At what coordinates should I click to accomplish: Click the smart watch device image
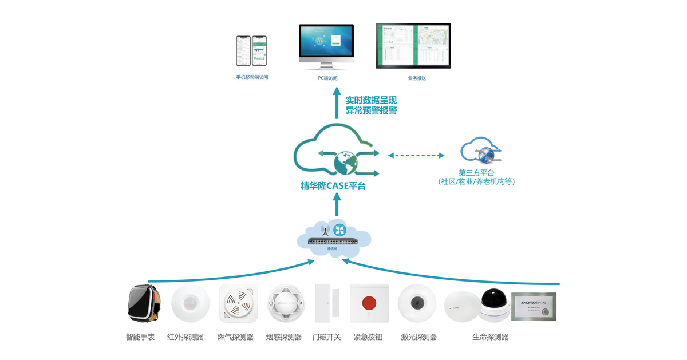[x=143, y=304]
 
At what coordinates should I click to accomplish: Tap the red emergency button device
[x=369, y=303]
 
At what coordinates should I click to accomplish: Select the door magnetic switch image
[x=327, y=303]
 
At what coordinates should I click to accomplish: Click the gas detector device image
[x=238, y=304]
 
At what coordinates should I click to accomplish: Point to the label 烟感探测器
[x=283, y=337]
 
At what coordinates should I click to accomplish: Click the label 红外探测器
[x=185, y=337]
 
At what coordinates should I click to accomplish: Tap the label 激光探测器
[x=418, y=337]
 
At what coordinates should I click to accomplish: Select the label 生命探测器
[x=490, y=337]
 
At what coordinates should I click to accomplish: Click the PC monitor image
[x=326, y=47]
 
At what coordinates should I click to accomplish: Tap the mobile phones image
[x=251, y=51]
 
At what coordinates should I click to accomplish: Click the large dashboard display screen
[x=413, y=46]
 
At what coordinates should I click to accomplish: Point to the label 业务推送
[x=417, y=78]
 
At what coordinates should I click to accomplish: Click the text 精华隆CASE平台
[x=333, y=186]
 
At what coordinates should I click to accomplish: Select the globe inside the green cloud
[x=345, y=162]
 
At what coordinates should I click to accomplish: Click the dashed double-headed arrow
[x=416, y=155]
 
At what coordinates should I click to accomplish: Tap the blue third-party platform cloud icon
[x=481, y=151]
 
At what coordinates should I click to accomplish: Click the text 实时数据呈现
[x=371, y=100]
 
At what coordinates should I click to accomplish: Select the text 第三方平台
[x=476, y=172]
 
